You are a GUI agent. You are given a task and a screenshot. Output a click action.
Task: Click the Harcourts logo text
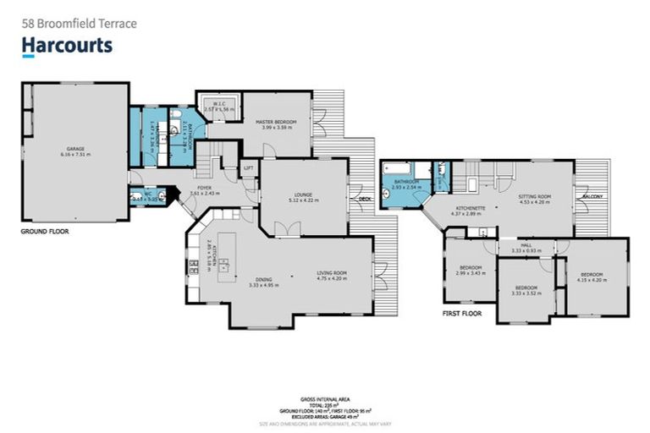click(67, 45)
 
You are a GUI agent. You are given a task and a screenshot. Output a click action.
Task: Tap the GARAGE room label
click(75, 149)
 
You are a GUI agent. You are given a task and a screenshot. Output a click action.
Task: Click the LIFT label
click(248, 168)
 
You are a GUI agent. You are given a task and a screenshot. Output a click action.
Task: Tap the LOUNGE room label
click(302, 195)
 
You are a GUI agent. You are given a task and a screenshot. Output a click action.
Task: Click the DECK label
click(365, 200)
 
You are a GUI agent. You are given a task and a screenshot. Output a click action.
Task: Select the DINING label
click(264, 280)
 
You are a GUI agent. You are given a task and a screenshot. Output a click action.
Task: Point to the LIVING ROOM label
click(332, 272)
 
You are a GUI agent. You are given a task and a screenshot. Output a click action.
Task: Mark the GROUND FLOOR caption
click(45, 230)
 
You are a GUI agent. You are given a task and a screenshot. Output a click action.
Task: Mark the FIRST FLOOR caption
click(461, 312)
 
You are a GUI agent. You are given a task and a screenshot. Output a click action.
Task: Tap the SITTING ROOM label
click(534, 195)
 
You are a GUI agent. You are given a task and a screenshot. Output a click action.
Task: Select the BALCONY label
click(592, 197)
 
